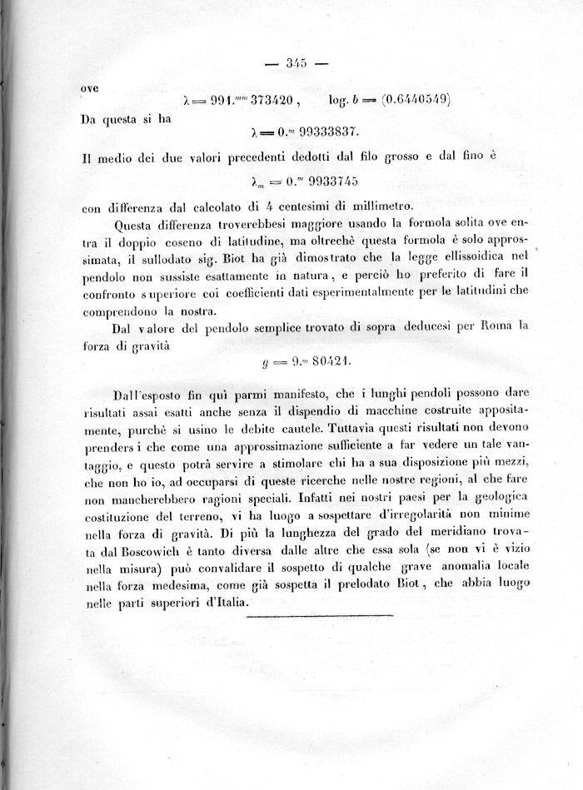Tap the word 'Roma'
pyautogui.click(x=495, y=327)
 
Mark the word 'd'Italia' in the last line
pyautogui.click(x=219, y=604)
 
